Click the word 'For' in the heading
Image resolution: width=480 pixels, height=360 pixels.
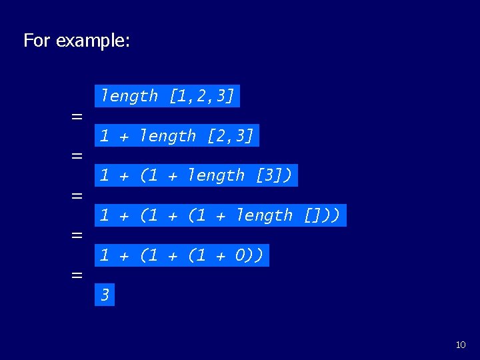37,41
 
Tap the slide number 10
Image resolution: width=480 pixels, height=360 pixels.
461,345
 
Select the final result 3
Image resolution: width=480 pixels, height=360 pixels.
105,295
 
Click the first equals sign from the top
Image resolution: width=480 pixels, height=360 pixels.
77,117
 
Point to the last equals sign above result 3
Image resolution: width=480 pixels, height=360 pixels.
77,275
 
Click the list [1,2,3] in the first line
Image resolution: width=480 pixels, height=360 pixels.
201,96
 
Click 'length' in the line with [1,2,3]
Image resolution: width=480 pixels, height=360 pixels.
129,96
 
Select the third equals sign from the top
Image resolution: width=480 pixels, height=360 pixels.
77,196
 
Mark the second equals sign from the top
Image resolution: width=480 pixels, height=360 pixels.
77,156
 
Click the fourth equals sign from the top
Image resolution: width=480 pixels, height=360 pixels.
77,235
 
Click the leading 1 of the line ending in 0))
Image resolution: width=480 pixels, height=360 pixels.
105,255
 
